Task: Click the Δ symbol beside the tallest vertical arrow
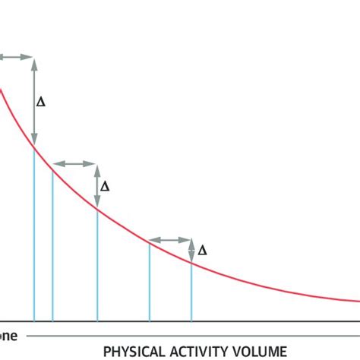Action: [x=41, y=101]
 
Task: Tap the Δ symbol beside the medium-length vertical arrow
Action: [x=105, y=186]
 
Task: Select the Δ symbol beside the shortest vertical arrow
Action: [x=202, y=250]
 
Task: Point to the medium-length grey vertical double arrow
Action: [x=97, y=186]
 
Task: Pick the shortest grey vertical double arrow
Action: [x=191, y=251]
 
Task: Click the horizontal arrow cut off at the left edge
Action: [x=15, y=57]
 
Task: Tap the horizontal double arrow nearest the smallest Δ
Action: [x=169, y=241]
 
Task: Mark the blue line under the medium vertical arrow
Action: [x=97, y=266]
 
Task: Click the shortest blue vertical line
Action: [x=191, y=292]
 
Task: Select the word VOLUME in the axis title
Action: [x=261, y=351]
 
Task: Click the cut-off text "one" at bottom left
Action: [x=9, y=335]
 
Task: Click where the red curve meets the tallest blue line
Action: [x=34, y=146]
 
